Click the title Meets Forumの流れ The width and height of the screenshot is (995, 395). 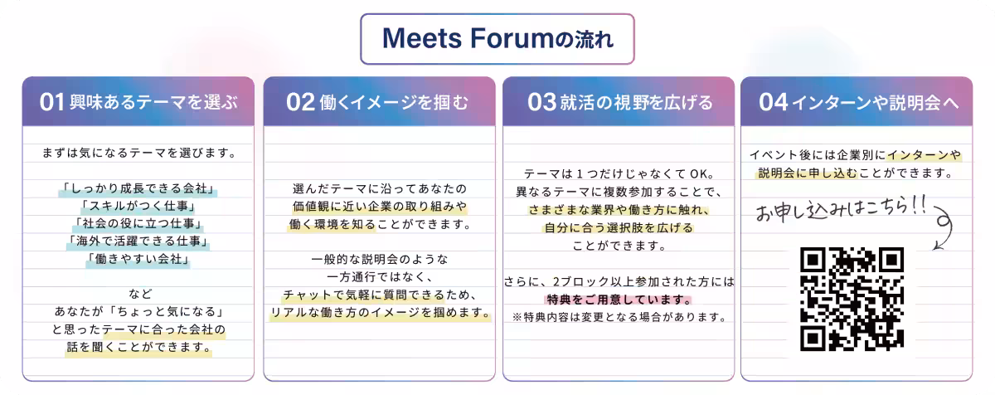tap(498, 39)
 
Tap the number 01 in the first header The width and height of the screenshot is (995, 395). tap(52, 102)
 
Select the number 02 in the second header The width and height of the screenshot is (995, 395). tap(298, 102)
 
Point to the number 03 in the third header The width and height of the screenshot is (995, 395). tap(541, 102)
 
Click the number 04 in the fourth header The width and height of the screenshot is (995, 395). tap(773, 102)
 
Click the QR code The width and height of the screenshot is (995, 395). tap(852, 300)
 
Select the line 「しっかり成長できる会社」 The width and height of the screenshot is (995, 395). tap(138, 188)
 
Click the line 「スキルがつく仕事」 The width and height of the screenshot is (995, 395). tap(138, 207)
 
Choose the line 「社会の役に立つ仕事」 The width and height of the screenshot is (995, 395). tap(138, 224)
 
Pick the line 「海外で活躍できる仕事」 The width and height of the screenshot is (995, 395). tap(138, 242)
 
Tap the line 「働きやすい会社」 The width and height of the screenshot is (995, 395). tap(138, 260)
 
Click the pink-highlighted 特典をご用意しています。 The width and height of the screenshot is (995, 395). tap(619, 299)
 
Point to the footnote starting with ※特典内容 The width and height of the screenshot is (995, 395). tap(619, 317)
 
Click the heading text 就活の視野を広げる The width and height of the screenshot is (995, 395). tap(634, 102)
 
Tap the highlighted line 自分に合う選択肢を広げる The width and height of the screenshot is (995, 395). tap(619, 227)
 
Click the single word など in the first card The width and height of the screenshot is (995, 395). tap(138, 295)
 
